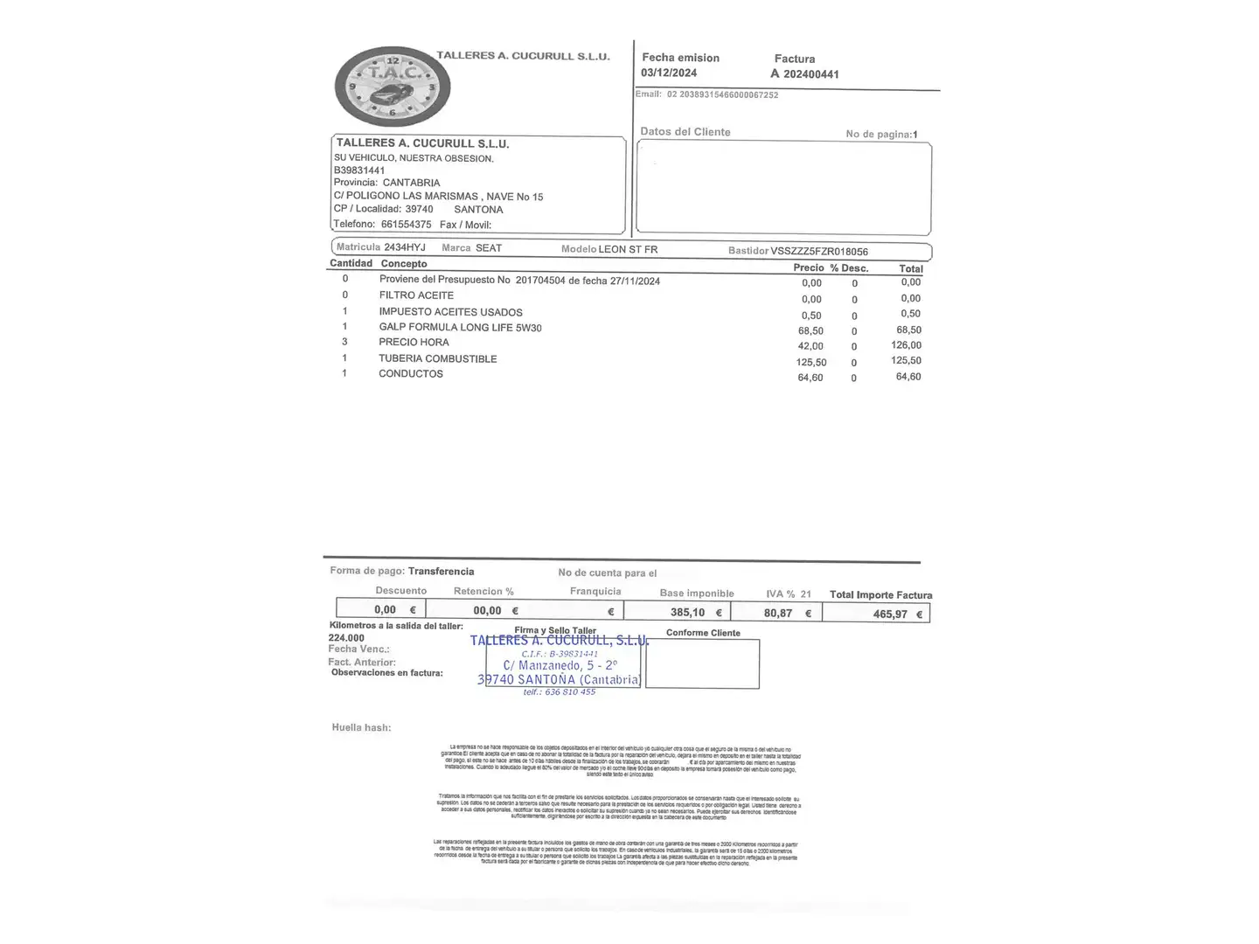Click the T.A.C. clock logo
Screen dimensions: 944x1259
pos(393,87)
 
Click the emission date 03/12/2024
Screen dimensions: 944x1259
pos(669,73)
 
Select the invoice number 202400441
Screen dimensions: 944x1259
pos(810,74)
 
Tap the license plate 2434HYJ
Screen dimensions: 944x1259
pos(405,248)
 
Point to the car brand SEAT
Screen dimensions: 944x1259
pos(489,248)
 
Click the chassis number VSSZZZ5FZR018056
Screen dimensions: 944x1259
pos(819,252)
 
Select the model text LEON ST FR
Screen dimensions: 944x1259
pos(628,250)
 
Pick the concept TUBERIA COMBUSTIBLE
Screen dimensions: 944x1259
pos(437,358)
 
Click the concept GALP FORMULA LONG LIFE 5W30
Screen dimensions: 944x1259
pos(460,328)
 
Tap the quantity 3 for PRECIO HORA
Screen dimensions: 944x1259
pos(344,342)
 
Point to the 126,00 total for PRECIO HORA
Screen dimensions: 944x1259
pos(906,345)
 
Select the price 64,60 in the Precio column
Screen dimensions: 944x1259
pos(810,378)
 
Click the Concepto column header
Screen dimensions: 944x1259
pos(404,264)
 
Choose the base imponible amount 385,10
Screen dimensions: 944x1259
pos(687,613)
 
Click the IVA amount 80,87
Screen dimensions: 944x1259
pos(778,614)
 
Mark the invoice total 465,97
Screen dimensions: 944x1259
pos(890,614)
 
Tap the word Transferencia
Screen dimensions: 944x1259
pos(442,572)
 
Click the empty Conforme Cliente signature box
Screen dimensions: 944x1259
pos(702,663)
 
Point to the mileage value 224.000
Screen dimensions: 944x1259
pos(346,638)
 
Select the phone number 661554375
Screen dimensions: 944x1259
pos(406,225)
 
